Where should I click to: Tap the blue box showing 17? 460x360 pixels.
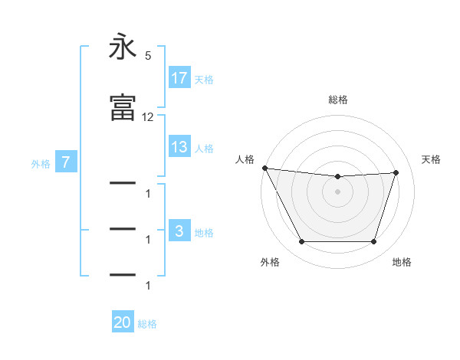(x=179, y=78)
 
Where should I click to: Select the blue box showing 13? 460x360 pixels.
(x=179, y=148)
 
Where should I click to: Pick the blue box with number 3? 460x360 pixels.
(x=179, y=232)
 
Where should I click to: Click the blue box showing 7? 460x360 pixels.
(x=67, y=162)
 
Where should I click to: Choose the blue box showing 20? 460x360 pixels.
(x=123, y=323)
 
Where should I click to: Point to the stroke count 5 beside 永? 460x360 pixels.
(x=148, y=55)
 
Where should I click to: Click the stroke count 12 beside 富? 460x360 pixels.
(x=148, y=117)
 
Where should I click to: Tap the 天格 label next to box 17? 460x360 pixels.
(x=204, y=79)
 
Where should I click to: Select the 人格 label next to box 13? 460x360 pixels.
(x=204, y=149)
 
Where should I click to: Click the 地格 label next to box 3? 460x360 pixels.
(x=204, y=233)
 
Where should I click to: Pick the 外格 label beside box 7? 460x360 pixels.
(x=41, y=163)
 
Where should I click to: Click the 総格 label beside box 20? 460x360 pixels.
(x=147, y=324)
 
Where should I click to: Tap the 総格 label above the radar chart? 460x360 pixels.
(x=338, y=100)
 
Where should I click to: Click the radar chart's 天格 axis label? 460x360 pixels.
(x=432, y=159)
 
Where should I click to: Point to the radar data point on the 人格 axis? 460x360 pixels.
(x=264, y=168)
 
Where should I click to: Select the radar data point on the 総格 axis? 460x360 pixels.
(x=337, y=177)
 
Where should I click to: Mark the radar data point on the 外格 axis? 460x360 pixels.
(x=301, y=242)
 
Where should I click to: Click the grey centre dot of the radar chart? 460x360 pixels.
(x=337, y=191)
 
